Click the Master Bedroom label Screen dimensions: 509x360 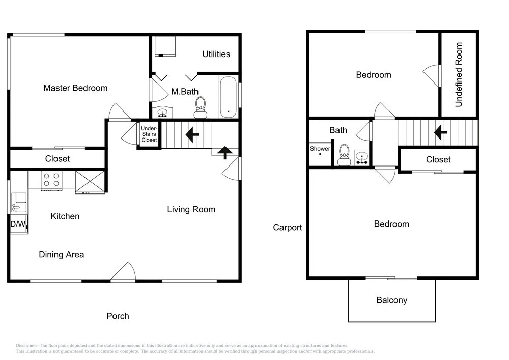pos(75,88)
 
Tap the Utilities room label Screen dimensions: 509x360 pos(216,54)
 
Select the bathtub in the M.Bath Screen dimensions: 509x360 pos(228,97)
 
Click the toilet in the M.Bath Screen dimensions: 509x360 pos(201,107)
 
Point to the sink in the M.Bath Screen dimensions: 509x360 pos(162,113)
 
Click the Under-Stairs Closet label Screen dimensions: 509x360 pos(149,134)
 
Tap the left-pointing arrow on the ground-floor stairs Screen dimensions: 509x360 pos(192,134)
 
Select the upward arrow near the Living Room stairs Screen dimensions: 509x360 pos(225,153)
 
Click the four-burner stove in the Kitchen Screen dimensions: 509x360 pos(51,180)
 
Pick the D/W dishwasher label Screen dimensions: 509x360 pos(18,224)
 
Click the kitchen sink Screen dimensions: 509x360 pos(19,203)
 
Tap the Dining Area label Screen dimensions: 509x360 pos(62,254)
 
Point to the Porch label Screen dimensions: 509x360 pos(118,316)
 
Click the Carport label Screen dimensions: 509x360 pos(287,227)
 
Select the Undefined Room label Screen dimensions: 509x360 pos(459,75)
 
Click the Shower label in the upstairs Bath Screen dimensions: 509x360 pos(320,149)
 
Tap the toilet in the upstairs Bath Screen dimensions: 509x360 pos(344,155)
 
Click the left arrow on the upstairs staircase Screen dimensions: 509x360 pos(440,132)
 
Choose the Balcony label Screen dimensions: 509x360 pos(392,300)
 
